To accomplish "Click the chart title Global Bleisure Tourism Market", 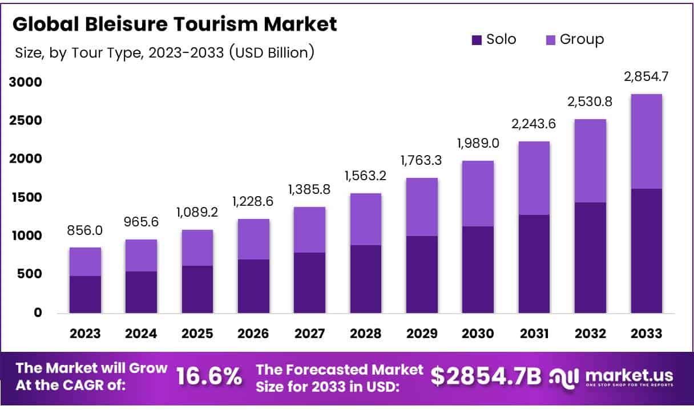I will coord(175,25).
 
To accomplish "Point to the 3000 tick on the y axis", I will coord(26,82).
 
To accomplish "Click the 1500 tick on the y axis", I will coord(26,197).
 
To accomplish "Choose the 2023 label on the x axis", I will coord(85,334).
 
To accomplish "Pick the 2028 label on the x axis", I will coord(366,334).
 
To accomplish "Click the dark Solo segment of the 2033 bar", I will coord(646,251).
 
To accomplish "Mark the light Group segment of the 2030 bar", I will coord(478,194).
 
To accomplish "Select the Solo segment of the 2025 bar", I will coord(197,289).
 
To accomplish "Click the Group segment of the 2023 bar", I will coord(85,262).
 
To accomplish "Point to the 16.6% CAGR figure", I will coord(209,376).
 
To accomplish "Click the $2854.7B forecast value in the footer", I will coord(486,376).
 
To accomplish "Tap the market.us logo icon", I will coord(564,376).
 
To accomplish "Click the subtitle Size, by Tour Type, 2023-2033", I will coord(163,53).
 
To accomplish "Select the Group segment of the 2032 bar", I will coord(590,161).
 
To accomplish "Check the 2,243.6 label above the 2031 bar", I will coord(534,124).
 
